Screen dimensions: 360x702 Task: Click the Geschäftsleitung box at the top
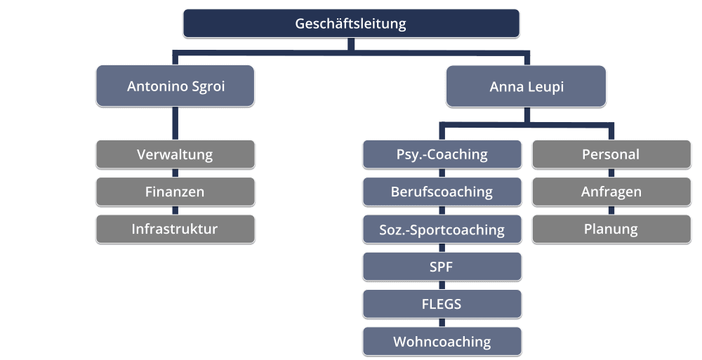tap(351, 23)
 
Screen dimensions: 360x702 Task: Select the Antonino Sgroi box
tap(175, 86)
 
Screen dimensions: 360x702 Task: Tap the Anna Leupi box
tap(526, 86)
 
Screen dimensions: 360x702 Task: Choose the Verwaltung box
tap(175, 154)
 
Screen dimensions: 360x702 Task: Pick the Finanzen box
tap(175, 192)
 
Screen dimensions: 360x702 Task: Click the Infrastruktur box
tap(175, 229)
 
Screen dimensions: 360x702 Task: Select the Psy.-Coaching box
tap(442, 154)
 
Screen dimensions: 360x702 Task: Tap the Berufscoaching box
tap(442, 192)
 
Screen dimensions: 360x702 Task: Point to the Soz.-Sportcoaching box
tap(442, 229)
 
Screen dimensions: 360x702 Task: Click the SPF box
tap(442, 267)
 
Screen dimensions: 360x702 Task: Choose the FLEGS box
tap(442, 304)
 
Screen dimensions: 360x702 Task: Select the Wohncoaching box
tap(442, 342)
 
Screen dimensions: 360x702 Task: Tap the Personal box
tap(611, 154)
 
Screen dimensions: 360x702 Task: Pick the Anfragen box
tap(611, 192)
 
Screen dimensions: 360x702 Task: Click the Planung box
tap(611, 229)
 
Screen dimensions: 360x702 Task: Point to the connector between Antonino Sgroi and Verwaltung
tap(175, 124)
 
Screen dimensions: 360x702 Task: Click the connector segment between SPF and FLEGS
tap(442, 286)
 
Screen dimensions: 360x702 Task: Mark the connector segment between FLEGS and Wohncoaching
tap(442, 323)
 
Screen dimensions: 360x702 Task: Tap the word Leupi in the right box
tap(547, 87)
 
